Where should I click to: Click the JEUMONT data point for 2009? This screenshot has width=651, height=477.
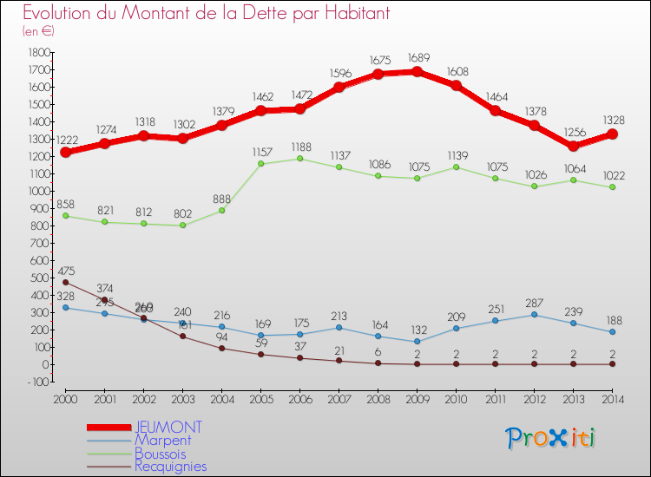click(418, 71)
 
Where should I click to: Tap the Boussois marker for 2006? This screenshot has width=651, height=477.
click(299, 159)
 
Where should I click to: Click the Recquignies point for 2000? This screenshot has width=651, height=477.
click(65, 282)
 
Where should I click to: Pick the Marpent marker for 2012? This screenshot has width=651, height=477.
click(535, 314)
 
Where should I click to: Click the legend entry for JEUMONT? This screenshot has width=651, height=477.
click(168, 427)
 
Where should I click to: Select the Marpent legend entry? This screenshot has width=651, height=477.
click(164, 441)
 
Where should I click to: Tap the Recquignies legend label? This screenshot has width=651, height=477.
click(171, 467)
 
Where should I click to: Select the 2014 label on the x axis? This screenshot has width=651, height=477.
click(613, 398)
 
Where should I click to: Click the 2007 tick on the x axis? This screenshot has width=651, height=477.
click(339, 398)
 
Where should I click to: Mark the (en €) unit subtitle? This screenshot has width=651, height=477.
click(38, 31)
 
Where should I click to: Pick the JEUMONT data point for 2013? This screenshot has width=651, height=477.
click(574, 147)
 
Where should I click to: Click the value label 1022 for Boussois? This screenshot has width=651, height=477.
click(613, 174)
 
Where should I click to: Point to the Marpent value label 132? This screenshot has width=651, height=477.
click(418, 330)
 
